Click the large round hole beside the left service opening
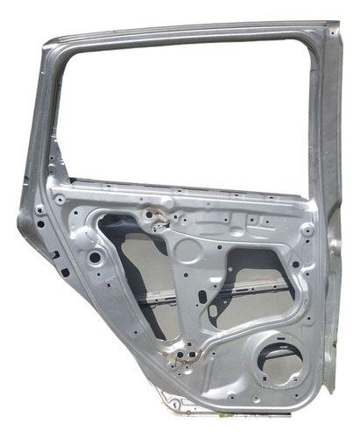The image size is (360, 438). tap(94, 258)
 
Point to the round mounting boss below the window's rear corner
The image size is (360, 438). tap(307, 230)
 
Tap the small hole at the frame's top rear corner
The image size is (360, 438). tap(334, 34)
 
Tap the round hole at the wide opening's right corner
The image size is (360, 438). tap(295, 264)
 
